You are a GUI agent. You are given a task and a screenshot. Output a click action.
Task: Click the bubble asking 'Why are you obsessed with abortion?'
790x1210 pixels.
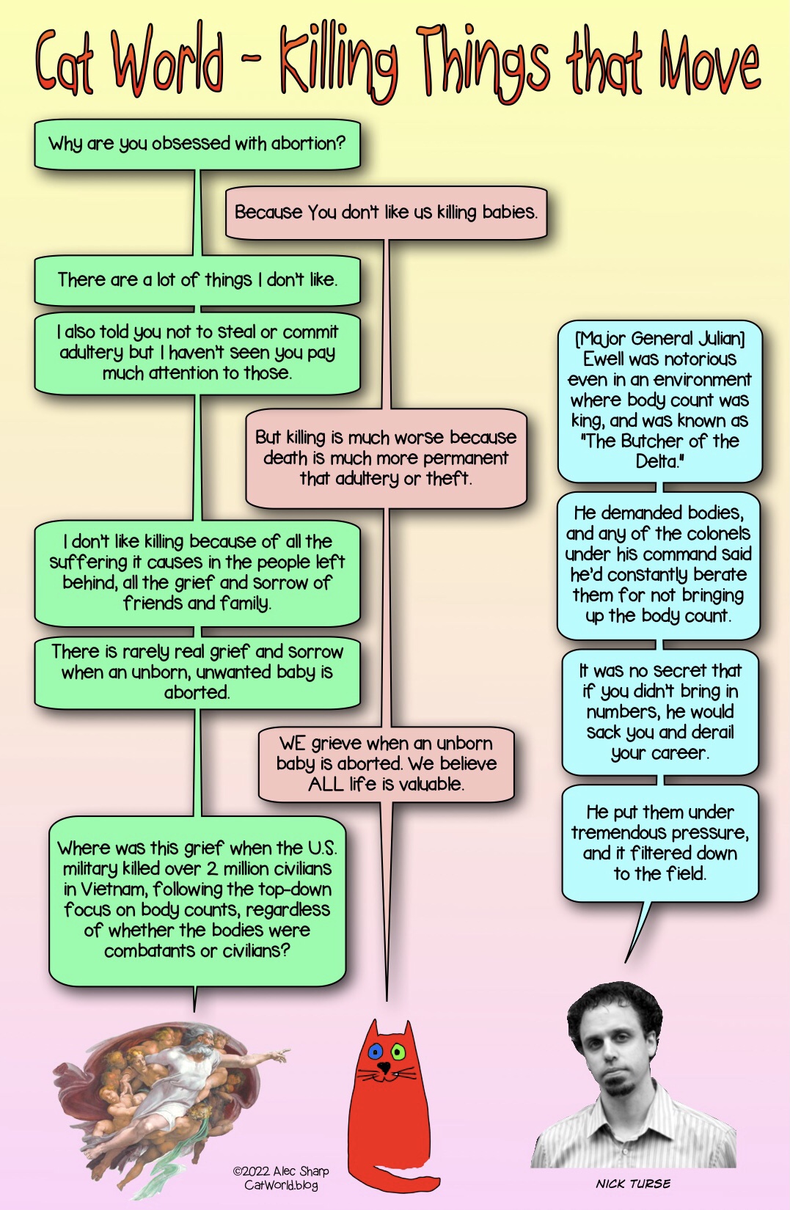click(197, 144)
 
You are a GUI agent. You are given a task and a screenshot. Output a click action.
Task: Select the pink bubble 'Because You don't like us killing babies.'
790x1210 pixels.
click(387, 212)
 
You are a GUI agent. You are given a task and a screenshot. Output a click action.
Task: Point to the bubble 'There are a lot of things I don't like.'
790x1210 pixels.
click(197, 280)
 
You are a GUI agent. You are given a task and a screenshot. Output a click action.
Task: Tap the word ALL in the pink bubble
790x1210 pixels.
click(326, 785)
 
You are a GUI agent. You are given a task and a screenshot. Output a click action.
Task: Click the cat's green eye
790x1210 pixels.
click(398, 1052)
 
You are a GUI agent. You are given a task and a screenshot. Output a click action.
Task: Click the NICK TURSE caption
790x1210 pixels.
click(633, 1184)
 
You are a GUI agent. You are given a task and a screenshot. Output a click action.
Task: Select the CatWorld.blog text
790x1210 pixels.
click(281, 1185)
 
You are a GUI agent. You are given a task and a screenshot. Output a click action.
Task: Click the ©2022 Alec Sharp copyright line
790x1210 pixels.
click(281, 1171)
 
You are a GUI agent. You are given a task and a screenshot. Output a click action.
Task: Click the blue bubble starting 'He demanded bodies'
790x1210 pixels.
click(659, 565)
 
